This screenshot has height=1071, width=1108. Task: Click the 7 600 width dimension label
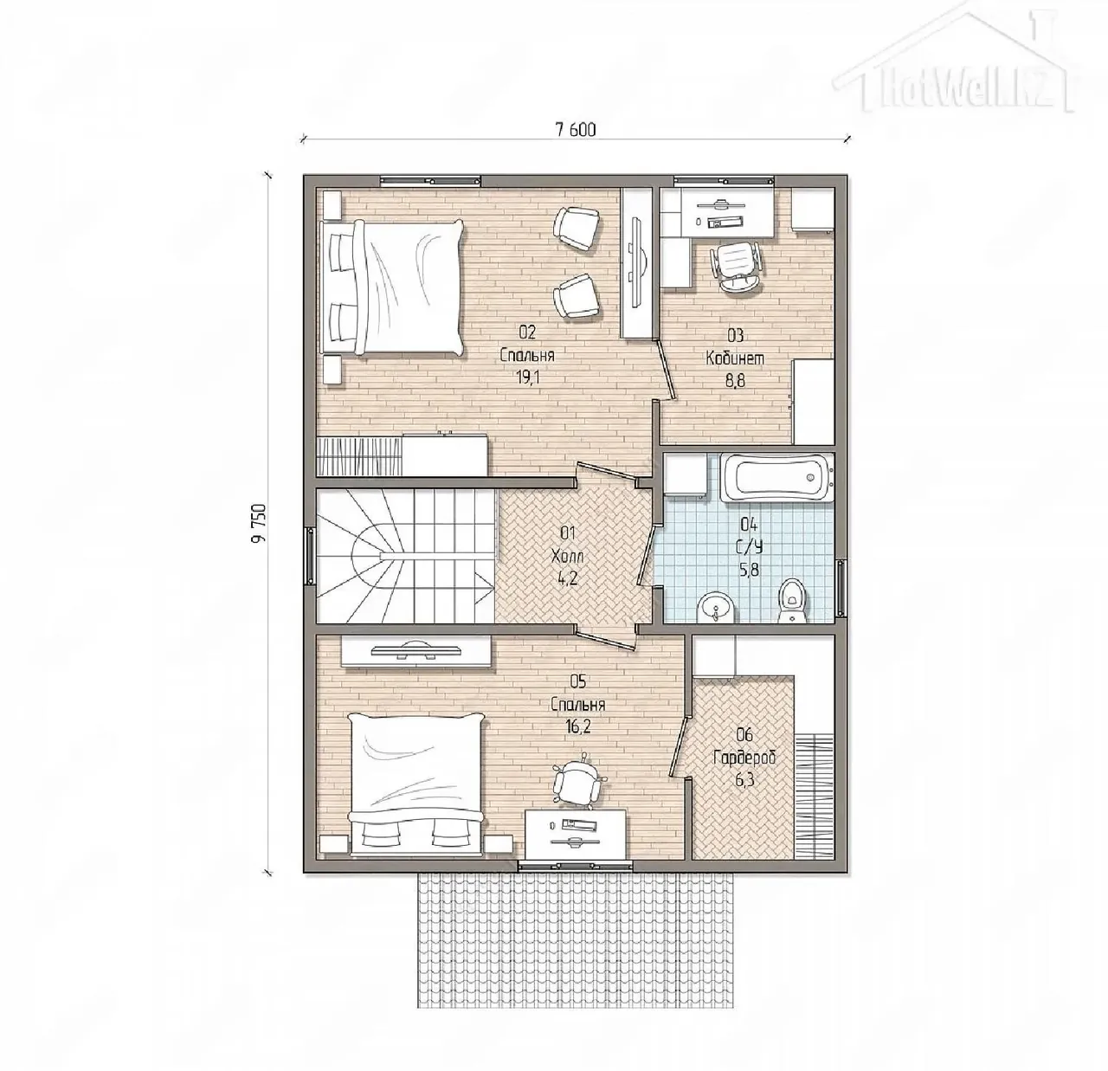click(x=576, y=131)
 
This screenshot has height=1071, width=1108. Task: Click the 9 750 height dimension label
click(x=259, y=523)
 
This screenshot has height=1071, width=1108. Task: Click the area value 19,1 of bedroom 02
click(x=526, y=378)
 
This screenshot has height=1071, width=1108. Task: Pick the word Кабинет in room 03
click(x=735, y=358)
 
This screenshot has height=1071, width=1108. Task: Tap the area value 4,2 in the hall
click(x=567, y=578)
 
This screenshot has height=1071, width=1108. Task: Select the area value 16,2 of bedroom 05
click(x=577, y=727)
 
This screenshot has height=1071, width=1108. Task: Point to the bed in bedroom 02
click(x=392, y=288)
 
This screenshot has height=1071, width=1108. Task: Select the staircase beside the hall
click(x=405, y=556)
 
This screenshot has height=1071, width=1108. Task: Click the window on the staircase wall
click(x=310, y=556)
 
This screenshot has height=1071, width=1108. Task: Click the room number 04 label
click(x=749, y=523)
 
